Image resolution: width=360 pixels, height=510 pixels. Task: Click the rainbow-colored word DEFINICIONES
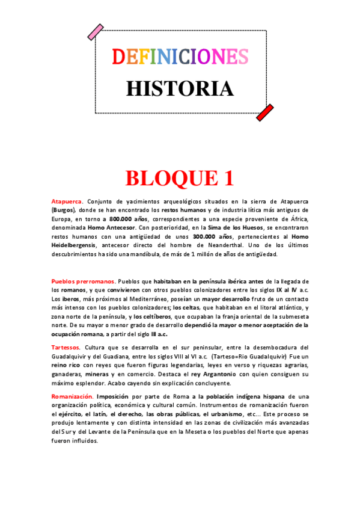(x=180, y=57)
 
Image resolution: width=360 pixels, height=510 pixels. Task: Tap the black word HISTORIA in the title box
(x=180, y=88)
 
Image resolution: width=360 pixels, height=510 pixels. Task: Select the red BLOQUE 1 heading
(x=179, y=178)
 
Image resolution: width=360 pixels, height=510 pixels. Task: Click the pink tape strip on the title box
(x=95, y=32)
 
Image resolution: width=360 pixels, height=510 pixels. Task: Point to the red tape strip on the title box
(x=265, y=112)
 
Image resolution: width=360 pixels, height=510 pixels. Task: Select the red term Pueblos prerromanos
(x=83, y=281)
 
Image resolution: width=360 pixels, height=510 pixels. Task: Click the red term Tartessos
(x=69, y=347)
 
